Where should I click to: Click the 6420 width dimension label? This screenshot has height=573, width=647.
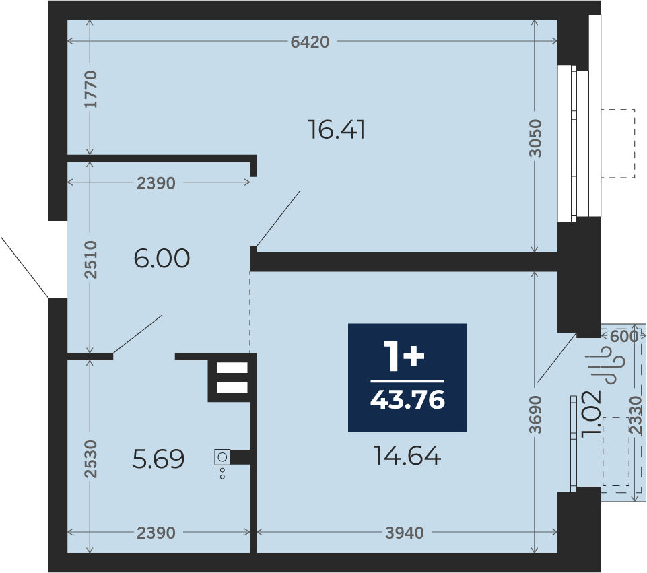pos(310,42)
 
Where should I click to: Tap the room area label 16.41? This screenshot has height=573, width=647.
pos(337,129)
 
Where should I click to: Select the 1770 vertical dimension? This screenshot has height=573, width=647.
pos(90,90)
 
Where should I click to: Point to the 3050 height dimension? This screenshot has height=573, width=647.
pos(535,138)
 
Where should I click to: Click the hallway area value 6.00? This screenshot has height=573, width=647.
pos(162,259)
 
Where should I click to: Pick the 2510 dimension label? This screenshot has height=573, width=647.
pos(90,260)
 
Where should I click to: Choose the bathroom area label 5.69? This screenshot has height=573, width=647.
pos(158,459)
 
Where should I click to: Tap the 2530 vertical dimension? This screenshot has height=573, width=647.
pos(90,459)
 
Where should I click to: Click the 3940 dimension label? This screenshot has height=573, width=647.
pos(405,533)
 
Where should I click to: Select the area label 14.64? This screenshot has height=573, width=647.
pos(407,456)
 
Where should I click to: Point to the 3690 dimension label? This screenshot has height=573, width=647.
pos(535,415)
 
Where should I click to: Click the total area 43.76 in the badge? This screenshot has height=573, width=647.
pos(408,400)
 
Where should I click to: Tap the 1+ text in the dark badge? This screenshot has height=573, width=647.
pos(404,356)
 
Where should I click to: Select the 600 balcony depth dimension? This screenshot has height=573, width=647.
pos(624,337)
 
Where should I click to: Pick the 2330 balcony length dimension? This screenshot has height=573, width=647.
pos(636,415)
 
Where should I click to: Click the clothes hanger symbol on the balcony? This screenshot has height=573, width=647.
pos(607,365)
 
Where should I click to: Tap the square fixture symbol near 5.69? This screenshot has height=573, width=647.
pos(222,457)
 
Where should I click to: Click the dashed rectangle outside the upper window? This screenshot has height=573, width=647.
pos(617,143)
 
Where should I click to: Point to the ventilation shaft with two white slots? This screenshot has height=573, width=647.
pos(232,378)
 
